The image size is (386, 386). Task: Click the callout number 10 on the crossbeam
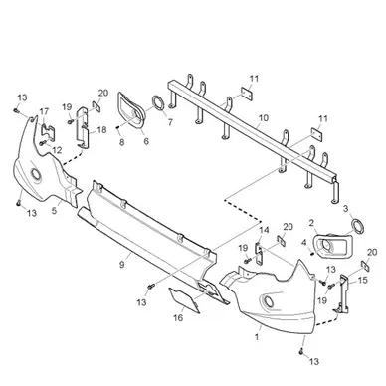pyautogui.click(x=264, y=118)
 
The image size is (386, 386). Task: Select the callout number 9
pyautogui.click(x=122, y=265)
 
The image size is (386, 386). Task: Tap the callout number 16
pyautogui.click(x=178, y=318)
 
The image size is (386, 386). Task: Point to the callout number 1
pyautogui.click(x=257, y=337)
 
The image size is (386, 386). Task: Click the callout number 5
pyautogui.click(x=54, y=211)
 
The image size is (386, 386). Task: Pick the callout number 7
pyautogui.click(x=170, y=122)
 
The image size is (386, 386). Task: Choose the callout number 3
pyautogui.click(x=346, y=209)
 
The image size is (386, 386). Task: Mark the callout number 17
pyautogui.click(x=44, y=111)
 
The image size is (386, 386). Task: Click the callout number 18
pyautogui.click(x=101, y=130)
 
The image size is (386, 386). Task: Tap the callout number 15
pyautogui.click(x=363, y=281)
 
